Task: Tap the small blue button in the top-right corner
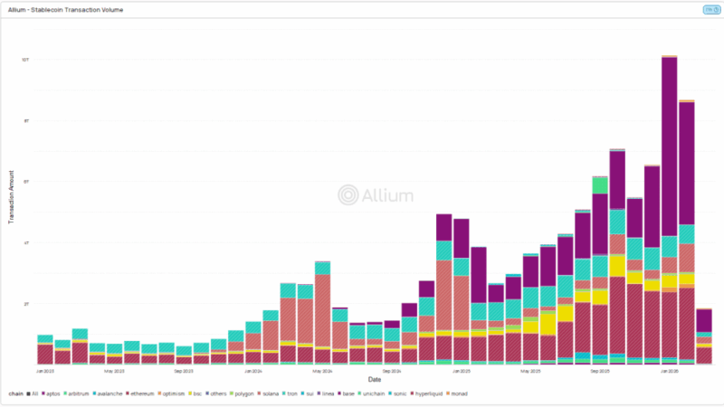[710, 10]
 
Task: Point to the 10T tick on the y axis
[27, 60]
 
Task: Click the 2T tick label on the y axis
[27, 303]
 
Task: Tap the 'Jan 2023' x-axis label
[44, 371]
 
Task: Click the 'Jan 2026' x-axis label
[670, 371]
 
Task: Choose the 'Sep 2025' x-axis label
[600, 371]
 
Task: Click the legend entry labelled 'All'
[34, 393]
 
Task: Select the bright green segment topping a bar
[600, 185]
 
